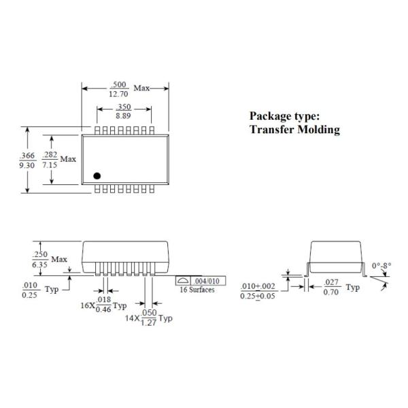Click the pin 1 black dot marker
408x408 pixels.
coord(97,175)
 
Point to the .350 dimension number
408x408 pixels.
coord(123,107)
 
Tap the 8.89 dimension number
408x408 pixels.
coord(123,116)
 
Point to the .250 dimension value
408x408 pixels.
coord(39,254)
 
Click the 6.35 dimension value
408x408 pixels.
coord(39,264)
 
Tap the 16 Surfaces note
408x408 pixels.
coord(197,290)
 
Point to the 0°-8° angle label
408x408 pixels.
coord(381,266)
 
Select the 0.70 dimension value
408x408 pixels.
coord(331,292)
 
